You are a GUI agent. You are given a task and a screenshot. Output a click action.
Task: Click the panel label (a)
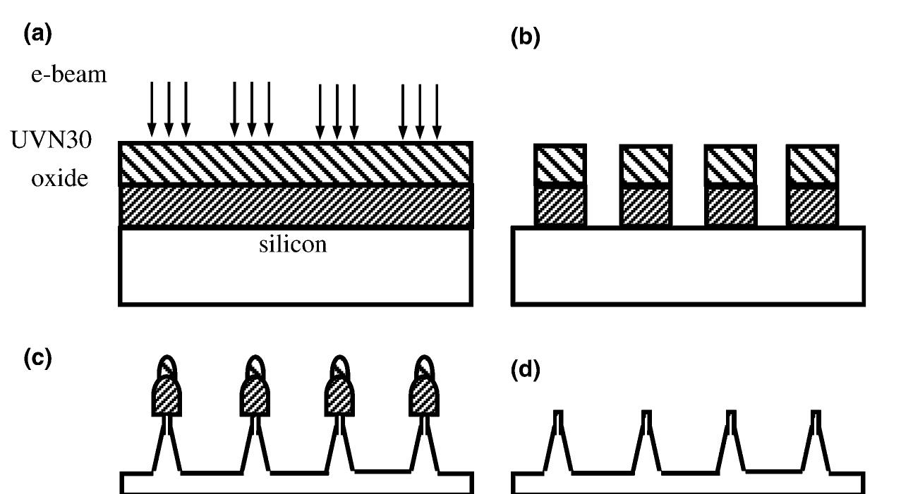click(38, 33)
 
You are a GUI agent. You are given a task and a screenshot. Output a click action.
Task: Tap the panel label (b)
click(526, 38)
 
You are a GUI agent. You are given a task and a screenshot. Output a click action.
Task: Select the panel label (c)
click(38, 358)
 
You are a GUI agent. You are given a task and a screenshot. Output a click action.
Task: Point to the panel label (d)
click(526, 369)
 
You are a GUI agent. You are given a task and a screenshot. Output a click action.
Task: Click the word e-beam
click(68, 74)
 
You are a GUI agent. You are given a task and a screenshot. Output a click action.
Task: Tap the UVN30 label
click(51, 140)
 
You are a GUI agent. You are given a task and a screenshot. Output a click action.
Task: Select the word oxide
click(59, 178)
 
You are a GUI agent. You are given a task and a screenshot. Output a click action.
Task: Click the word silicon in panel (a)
click(293, 245)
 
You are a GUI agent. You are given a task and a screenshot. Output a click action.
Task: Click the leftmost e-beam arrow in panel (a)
click(152, 109)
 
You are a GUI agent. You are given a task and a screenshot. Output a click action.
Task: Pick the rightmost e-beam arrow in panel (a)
click(437, 111)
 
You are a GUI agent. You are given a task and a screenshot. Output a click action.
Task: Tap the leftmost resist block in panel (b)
click(560, 164)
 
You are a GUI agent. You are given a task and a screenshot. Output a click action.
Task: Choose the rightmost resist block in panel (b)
click(812, 165)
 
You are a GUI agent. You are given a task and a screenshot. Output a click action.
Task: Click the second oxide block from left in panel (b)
click(646, 206)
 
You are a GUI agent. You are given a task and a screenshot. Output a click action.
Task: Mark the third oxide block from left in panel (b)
click(730, 206)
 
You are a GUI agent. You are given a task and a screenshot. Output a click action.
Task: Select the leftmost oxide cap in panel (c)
click(167, 397)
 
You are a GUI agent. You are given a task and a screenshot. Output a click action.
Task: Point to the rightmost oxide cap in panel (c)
click(424, 397)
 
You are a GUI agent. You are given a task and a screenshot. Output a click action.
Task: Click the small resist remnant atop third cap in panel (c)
click(339, 366)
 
